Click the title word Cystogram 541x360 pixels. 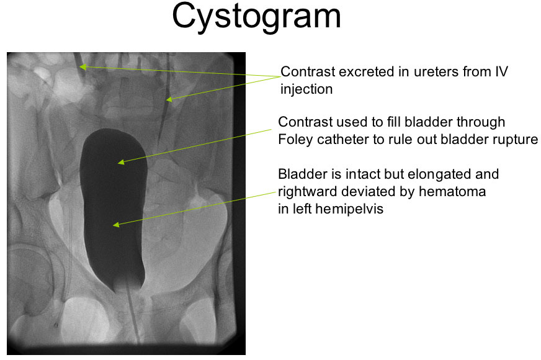tap(256, 17)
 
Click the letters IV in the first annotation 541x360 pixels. tap(502, 71)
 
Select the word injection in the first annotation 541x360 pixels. tap(306, 89)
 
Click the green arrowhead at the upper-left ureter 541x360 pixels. tap(83, 66)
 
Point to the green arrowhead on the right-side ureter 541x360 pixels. tap(169, 99)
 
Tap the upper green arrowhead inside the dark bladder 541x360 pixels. tap(120, 161)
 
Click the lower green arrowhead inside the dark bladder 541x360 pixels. tap(116, 225)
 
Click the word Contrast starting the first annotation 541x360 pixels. tap(308, 72)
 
